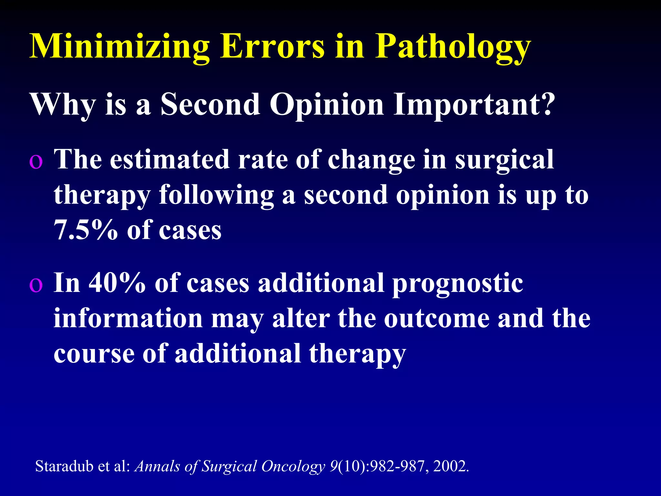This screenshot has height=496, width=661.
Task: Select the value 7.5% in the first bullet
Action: tap(86, 230)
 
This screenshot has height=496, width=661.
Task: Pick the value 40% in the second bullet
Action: tap(117, 283)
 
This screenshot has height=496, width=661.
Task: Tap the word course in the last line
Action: tap(94, 354)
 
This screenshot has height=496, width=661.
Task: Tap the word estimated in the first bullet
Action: tap(169, 160)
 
